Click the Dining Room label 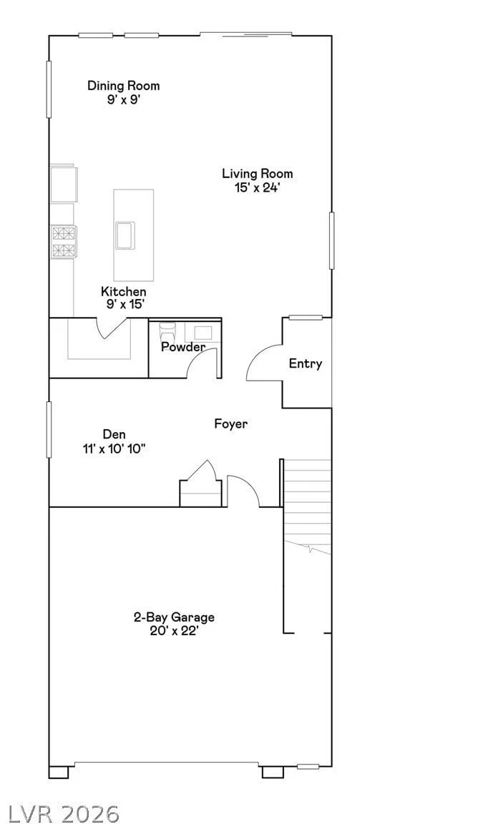coord(123,85)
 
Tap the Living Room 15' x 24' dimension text coord(257,188)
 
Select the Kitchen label coord(124,291)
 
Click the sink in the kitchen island coord(125,235)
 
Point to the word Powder coord(183,347)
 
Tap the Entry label coord(306,363)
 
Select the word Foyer coord(231,424)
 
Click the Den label coord(114,434)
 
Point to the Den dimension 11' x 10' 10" coord(114,449)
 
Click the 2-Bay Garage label coord(174,617)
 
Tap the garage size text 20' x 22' coord(174,632)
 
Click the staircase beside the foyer coord(307,506)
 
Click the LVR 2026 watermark coord(60,813)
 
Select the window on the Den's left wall coord(49,429)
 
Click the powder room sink coord(203,333)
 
